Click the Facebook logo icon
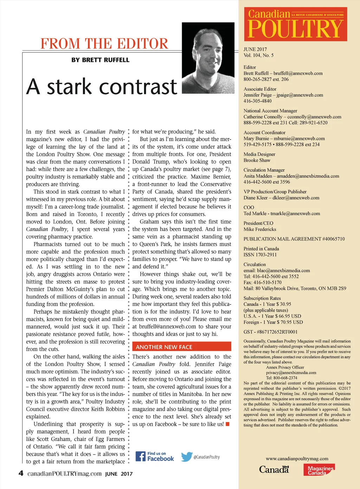[141, 456]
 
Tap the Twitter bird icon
[187, 457]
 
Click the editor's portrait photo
[208, 58]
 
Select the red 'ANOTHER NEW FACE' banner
[182, 347]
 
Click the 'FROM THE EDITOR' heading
[104, 44]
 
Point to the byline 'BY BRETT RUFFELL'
[100, 60]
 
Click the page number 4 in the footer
[21, 473]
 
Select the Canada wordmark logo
[274, 469]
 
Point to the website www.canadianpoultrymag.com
[297, 458]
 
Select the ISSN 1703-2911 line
[260, 255]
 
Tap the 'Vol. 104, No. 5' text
[258, 55]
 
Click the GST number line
[270, 332]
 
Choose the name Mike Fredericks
[260, 229]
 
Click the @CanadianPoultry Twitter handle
[206, 457]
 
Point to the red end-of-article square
[227, 424]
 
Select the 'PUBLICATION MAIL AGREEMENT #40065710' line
[294, 239]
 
